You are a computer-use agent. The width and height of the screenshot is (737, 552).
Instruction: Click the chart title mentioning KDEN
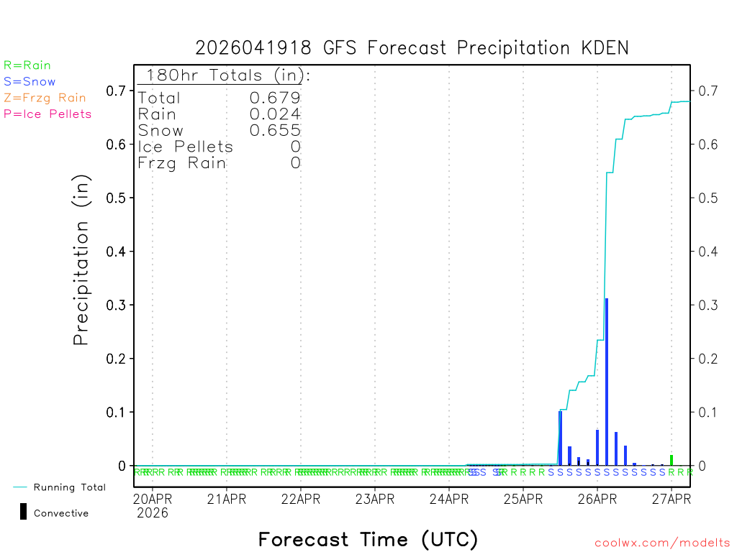pyautogui.click(x=412, y=48)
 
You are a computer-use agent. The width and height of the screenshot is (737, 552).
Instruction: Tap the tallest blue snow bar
pyautogui.click(x=607, y=381)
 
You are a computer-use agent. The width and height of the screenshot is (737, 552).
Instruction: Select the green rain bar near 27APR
pyautogui.click(x=672, y=460)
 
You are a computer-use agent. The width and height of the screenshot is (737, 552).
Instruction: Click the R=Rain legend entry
pyautogui.click(x=27, y=65)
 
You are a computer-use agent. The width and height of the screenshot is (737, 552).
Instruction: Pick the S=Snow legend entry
pyautogui.click(x=30, y=82)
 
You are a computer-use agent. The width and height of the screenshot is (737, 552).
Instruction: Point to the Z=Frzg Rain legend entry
pyautogui.click(x=45, y=98)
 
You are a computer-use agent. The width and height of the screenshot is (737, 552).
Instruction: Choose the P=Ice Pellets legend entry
pyautogui.click(x=48, y=114)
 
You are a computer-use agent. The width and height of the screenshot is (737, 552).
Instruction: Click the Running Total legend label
pyautogui.click(x=69, y=487)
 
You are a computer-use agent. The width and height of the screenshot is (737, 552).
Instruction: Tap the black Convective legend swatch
pyautogui.click(x=24, y=511)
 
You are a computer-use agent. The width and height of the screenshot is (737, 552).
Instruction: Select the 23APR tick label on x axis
pyautogui.click(x=374, y=498)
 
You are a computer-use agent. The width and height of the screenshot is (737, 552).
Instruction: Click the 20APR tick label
pyautogui.click(x=152, y=498)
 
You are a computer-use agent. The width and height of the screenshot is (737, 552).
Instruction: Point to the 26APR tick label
pyautogui.click(x=597, y=498)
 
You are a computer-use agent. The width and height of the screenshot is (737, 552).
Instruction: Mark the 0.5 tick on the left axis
pyautogui.click(x=117, y=198)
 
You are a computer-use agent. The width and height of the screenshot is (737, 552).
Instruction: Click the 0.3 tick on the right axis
pyautogui.click(x=705, y=305)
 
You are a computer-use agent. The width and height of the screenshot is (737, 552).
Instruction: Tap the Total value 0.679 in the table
pyautogui.click(x=275, y=98)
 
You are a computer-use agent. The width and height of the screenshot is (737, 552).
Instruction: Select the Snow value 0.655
pyautogui.click(x=275, y=130)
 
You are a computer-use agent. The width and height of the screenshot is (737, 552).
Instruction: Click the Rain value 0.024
pyautogui.click(x=275, y=114)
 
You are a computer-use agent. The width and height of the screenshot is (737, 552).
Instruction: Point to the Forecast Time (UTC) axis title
pyautogui.click(x=368, y=539)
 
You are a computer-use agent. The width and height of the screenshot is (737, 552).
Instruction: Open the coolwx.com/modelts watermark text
pyautogui.click(x=662, y=543)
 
